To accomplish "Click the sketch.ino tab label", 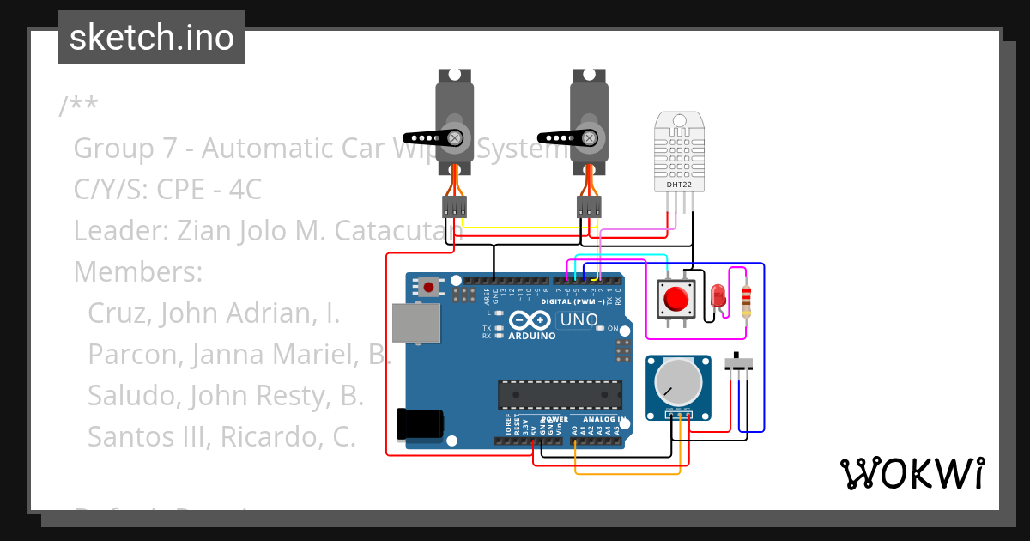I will [151, 38].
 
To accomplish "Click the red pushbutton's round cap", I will [676, 299].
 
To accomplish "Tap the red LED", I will [718, 297].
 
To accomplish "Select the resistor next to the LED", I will [745, 298].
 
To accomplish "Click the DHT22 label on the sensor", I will [678, 184].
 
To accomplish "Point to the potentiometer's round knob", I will [678, 381].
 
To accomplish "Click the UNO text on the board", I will [579, 320].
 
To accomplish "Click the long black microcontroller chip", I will [560, 393].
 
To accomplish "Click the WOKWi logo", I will [912, 473].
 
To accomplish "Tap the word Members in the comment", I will [137, 272].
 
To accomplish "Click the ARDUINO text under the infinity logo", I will [531, 336].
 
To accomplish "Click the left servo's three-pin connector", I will [454, 206].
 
